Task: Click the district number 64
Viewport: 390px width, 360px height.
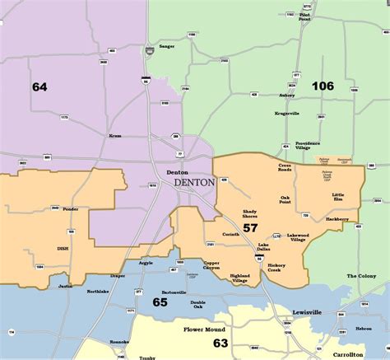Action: coord(39,86)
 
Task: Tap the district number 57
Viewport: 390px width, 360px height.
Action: coord(250,227)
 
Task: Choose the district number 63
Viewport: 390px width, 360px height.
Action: coord(221,343)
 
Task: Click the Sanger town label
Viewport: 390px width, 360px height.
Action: coord(167,46)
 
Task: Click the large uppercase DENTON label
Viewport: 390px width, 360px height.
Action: coord(194,182)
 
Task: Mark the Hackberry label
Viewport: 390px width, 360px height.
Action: coord(337,219)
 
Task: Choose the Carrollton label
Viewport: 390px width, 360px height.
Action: coord(359,341)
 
